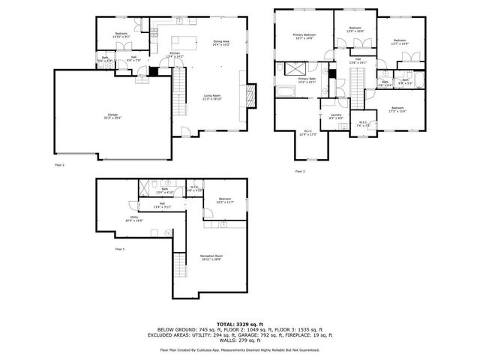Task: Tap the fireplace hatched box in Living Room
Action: coord(252,94)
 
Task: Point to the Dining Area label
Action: coord(222,43)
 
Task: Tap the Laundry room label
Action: coord(335,116)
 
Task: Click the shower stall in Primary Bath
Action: coord(286,69)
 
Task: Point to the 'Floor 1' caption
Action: coord(120,248)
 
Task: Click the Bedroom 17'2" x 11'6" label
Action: coord(397,110)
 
